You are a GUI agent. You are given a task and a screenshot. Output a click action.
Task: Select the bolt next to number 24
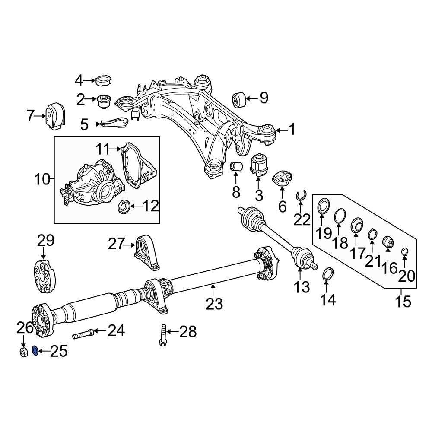(83, 334)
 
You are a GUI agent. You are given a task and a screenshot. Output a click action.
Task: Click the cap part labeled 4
(103, 81)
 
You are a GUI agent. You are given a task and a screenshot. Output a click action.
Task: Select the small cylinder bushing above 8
(236, 166)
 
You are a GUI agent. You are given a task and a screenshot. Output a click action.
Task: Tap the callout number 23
(214, 304)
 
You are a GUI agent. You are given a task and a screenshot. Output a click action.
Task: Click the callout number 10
(42, 178)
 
